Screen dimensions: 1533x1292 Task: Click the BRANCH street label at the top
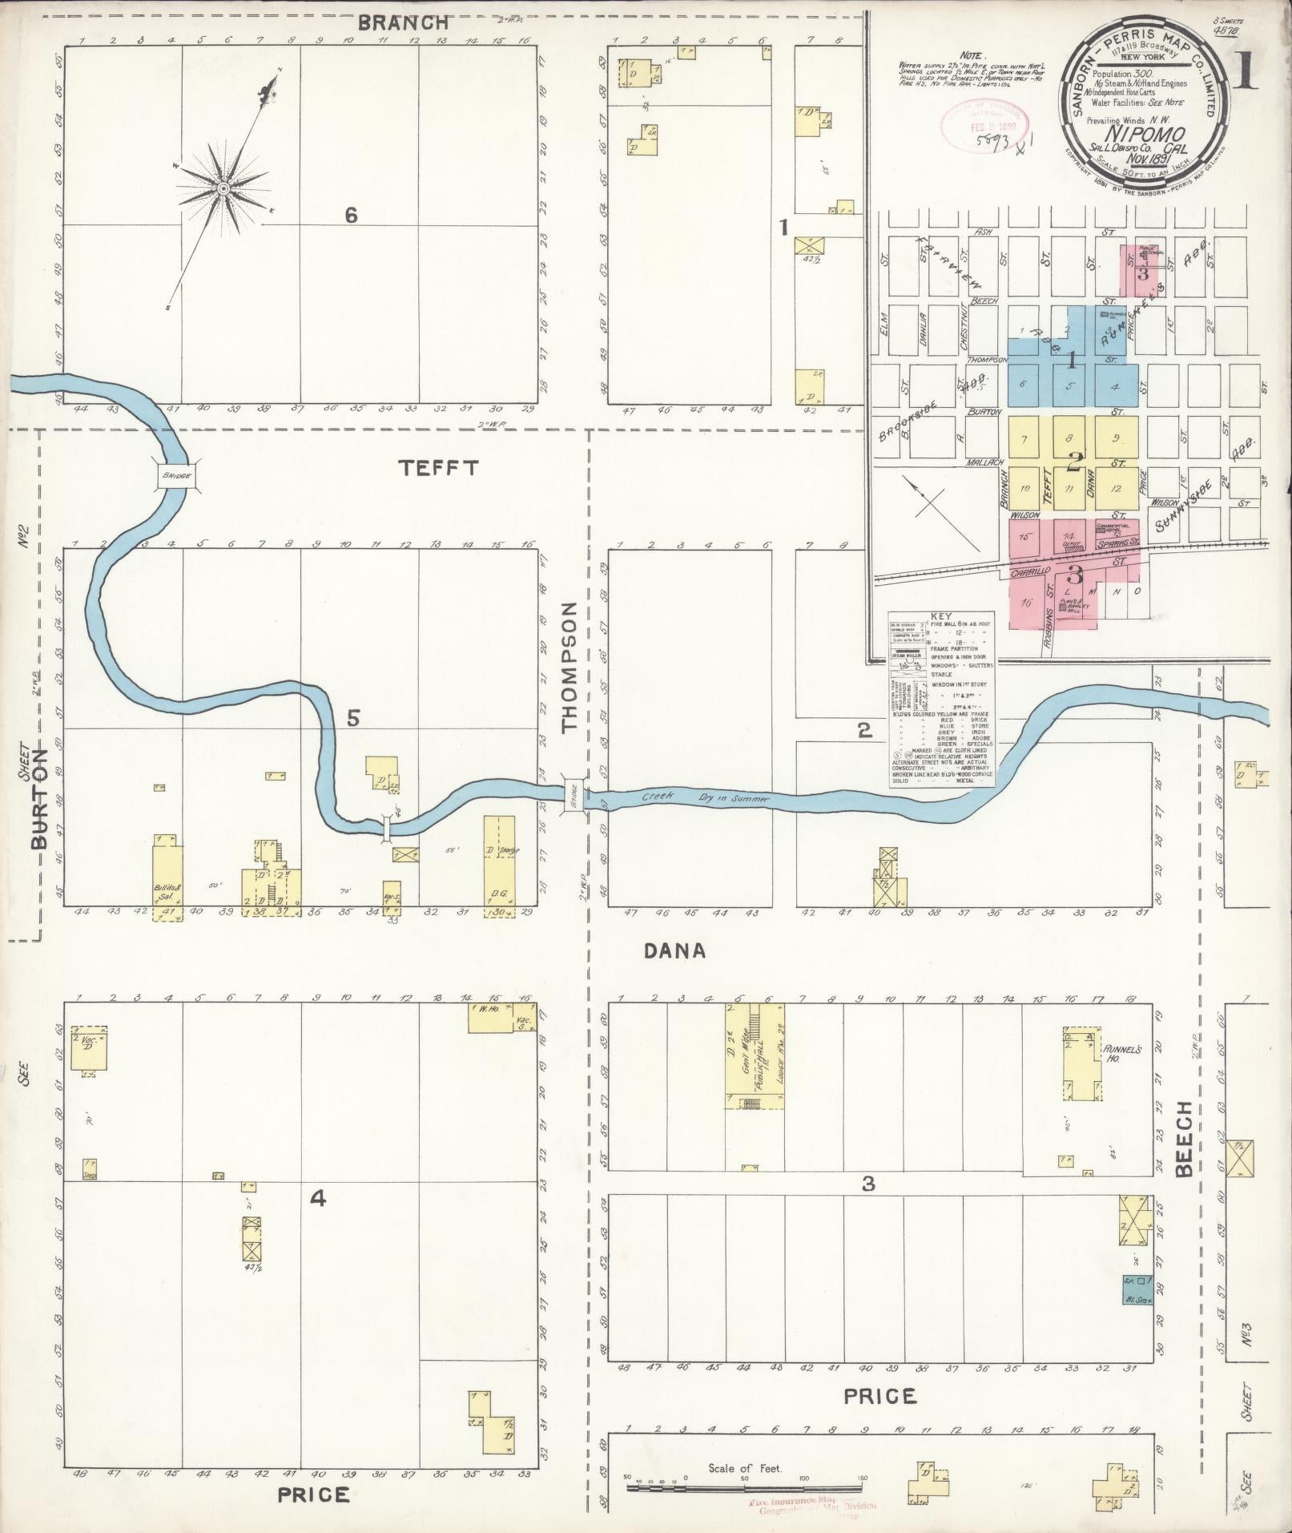403,23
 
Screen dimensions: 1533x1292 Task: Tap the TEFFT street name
439,468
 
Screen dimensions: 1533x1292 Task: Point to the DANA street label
675,951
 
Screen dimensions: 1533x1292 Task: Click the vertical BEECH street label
1185,1138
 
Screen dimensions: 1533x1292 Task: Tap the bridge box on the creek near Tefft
177,476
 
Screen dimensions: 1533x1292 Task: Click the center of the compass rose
223,188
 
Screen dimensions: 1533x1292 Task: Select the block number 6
350,215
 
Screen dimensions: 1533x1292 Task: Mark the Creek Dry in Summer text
705,797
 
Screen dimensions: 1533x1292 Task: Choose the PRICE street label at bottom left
314,1495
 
